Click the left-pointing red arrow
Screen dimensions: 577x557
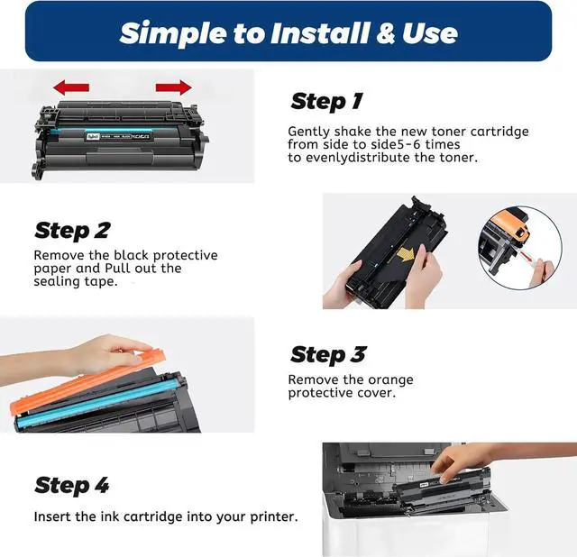71,87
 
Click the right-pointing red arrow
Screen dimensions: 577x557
174,87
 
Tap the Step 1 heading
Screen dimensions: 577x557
326,102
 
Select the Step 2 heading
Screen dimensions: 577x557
72,231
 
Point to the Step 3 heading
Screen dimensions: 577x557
328,355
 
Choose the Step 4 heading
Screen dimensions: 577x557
72,485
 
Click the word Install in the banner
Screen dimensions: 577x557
319,32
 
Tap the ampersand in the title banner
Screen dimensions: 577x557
385,33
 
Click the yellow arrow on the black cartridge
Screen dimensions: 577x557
407,254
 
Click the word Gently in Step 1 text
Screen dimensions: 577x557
308,132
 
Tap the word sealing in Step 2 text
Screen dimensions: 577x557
57,282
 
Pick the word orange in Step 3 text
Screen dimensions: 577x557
390,380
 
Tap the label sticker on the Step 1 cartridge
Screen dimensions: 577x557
118,136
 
